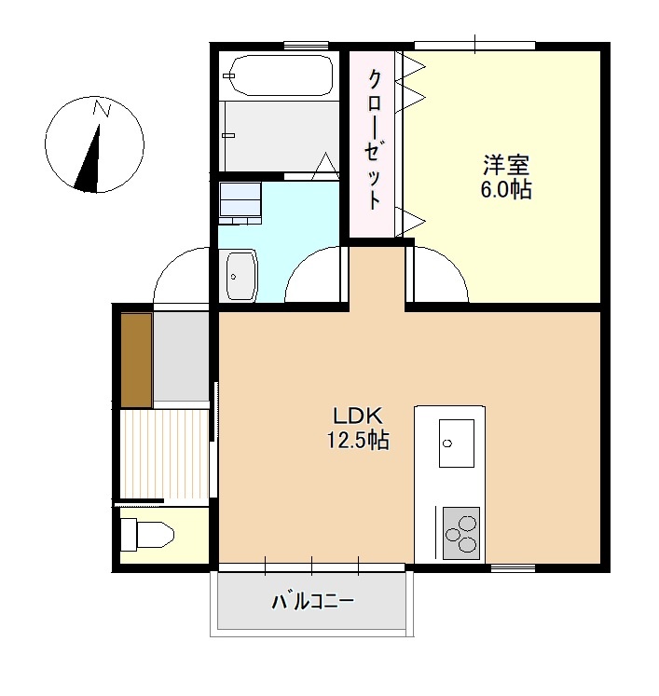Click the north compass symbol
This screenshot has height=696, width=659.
94,145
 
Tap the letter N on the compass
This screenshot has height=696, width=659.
102,110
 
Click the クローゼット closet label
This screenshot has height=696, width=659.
374,140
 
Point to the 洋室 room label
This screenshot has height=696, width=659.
506,167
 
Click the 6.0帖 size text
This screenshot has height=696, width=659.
506,190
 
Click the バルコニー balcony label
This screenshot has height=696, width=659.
312,601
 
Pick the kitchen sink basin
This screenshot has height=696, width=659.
457,443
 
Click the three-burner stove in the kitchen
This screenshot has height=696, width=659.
460,534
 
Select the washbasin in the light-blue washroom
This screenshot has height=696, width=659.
241,276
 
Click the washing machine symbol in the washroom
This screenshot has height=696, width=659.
240,202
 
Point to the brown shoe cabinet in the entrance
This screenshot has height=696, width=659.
136,361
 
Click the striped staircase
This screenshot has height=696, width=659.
164,454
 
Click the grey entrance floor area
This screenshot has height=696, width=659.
181,357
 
